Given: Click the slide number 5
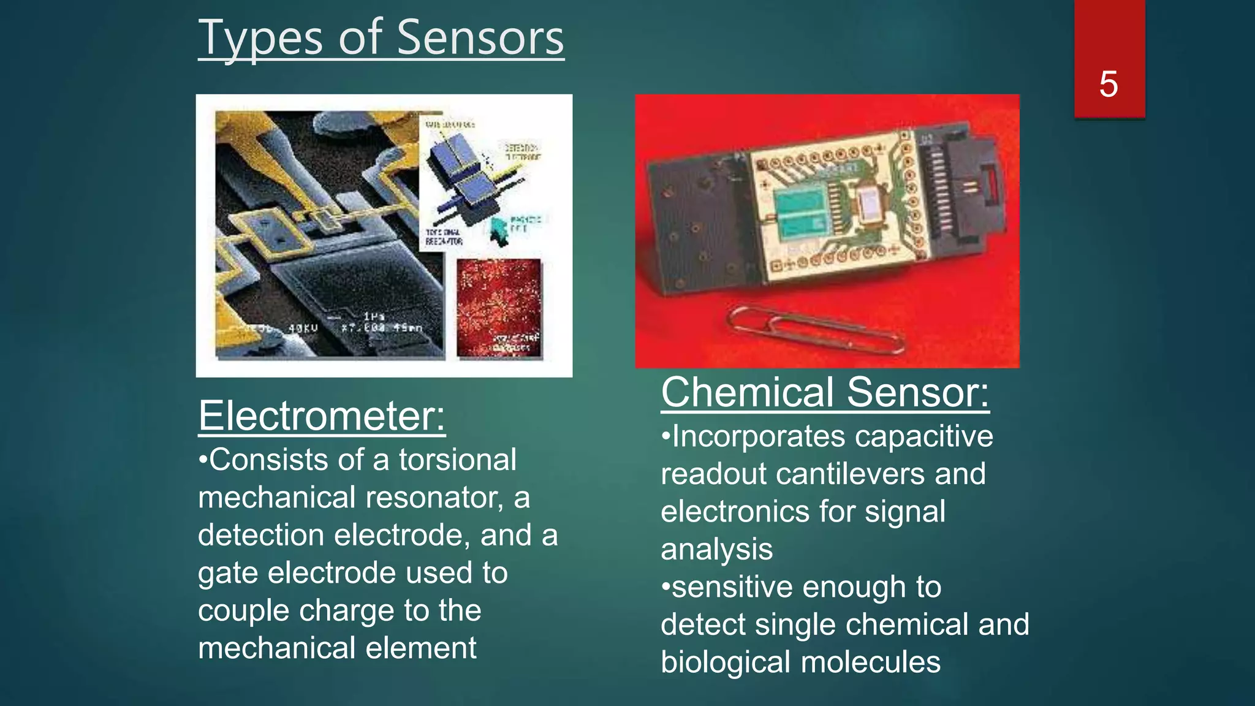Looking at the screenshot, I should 1108,84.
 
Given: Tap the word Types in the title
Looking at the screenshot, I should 260,38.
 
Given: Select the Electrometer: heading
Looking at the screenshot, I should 322,416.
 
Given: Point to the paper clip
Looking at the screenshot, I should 815,331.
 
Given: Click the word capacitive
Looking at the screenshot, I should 924,436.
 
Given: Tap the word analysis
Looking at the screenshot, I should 716,549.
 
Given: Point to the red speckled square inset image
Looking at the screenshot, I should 499,307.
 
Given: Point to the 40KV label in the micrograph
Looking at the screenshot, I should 303,328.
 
